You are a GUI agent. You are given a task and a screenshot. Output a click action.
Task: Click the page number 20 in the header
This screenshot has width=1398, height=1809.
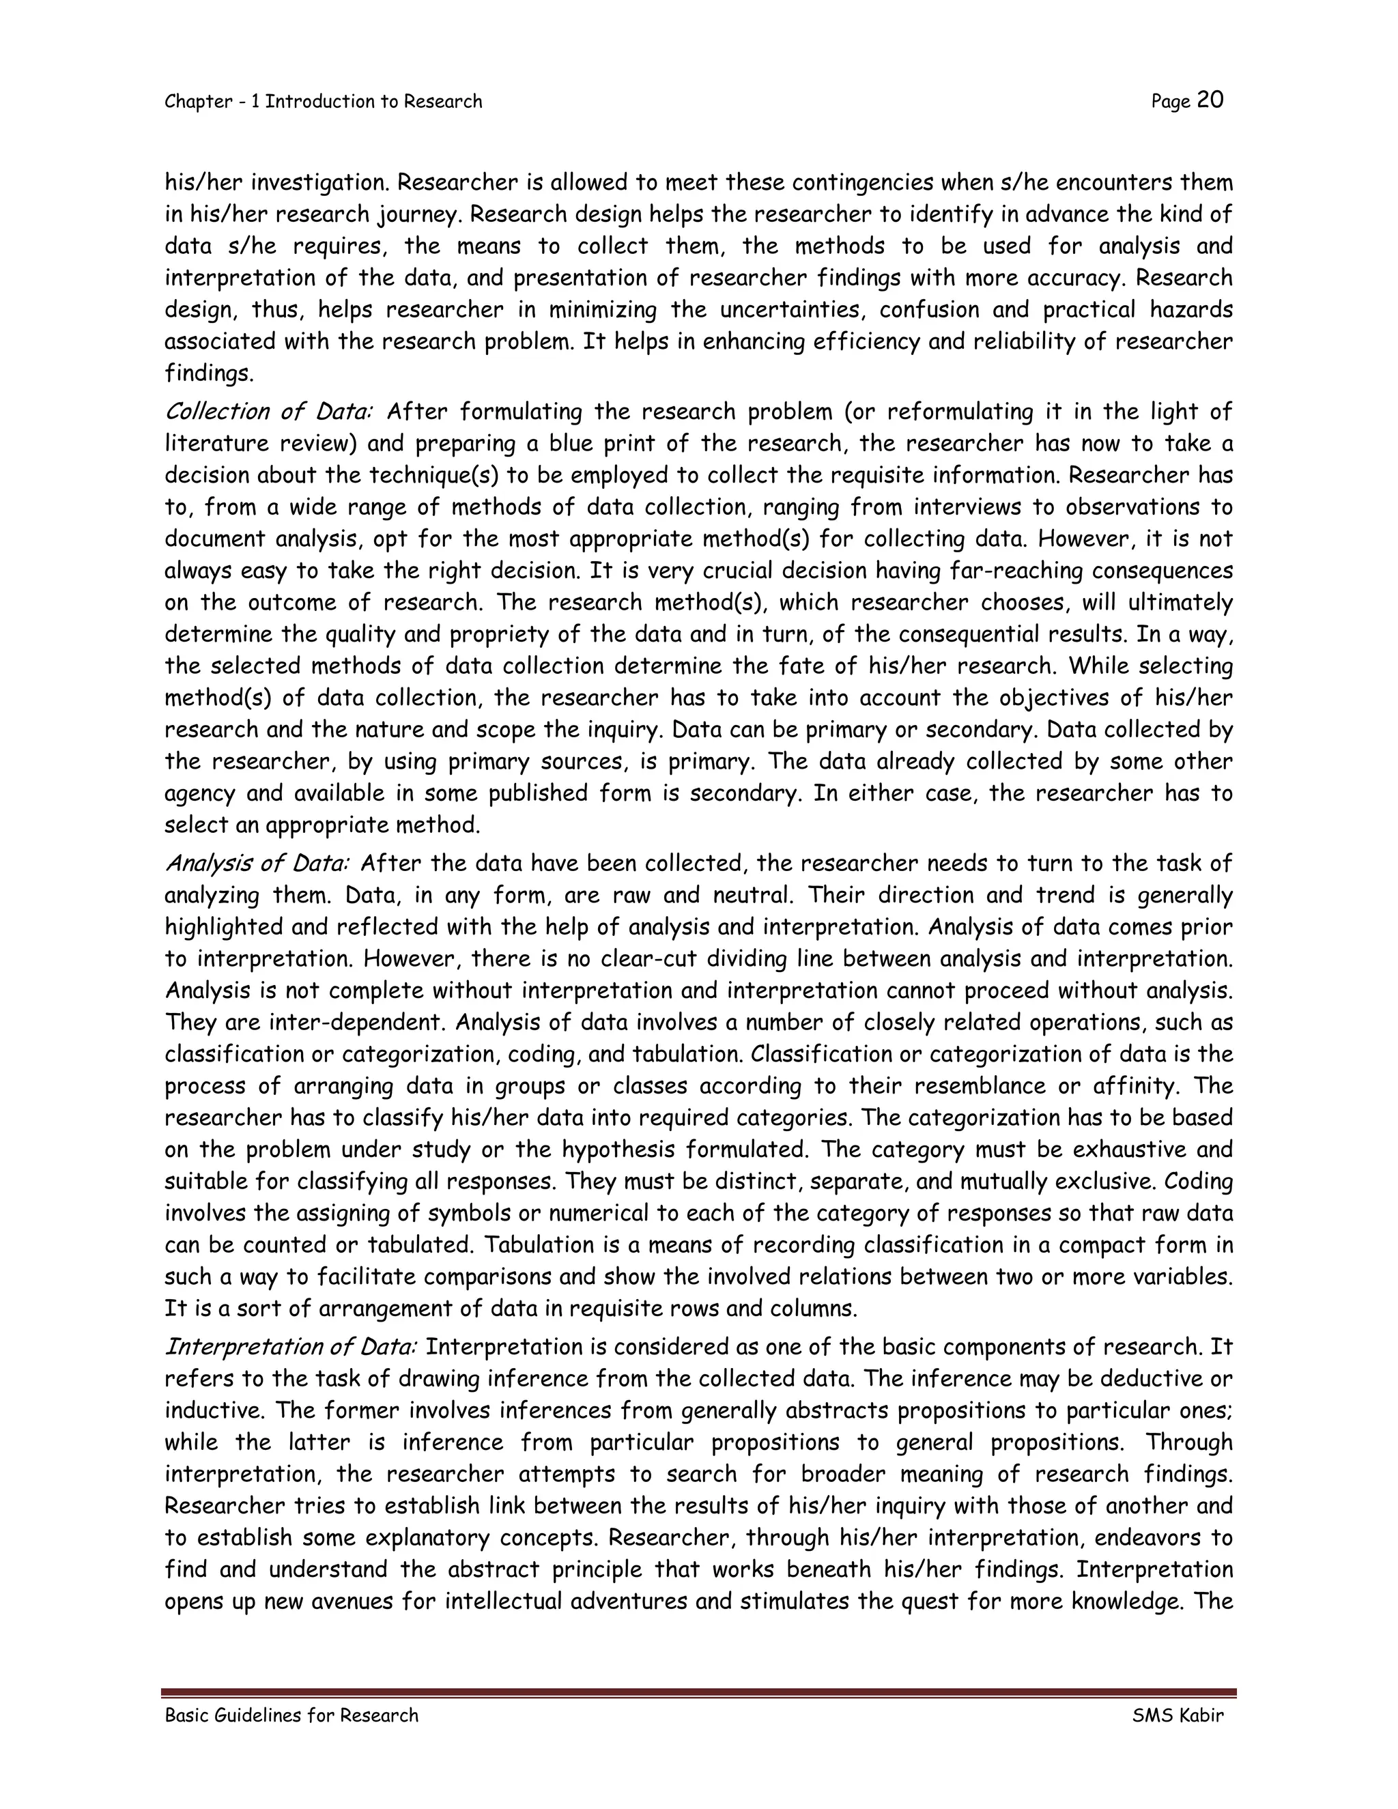click(x=1210, y=100)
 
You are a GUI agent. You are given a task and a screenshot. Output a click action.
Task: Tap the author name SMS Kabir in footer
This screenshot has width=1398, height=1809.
click(x=1178, y=1715)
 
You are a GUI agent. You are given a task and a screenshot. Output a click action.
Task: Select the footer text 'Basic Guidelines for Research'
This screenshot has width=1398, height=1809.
click(x=291, y=1715)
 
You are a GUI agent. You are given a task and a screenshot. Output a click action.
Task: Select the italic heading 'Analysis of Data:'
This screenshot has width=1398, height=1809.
click(x=257, y=864)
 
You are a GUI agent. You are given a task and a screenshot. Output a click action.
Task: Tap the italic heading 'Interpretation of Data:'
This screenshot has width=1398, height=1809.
click(x=291, y=1347)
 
